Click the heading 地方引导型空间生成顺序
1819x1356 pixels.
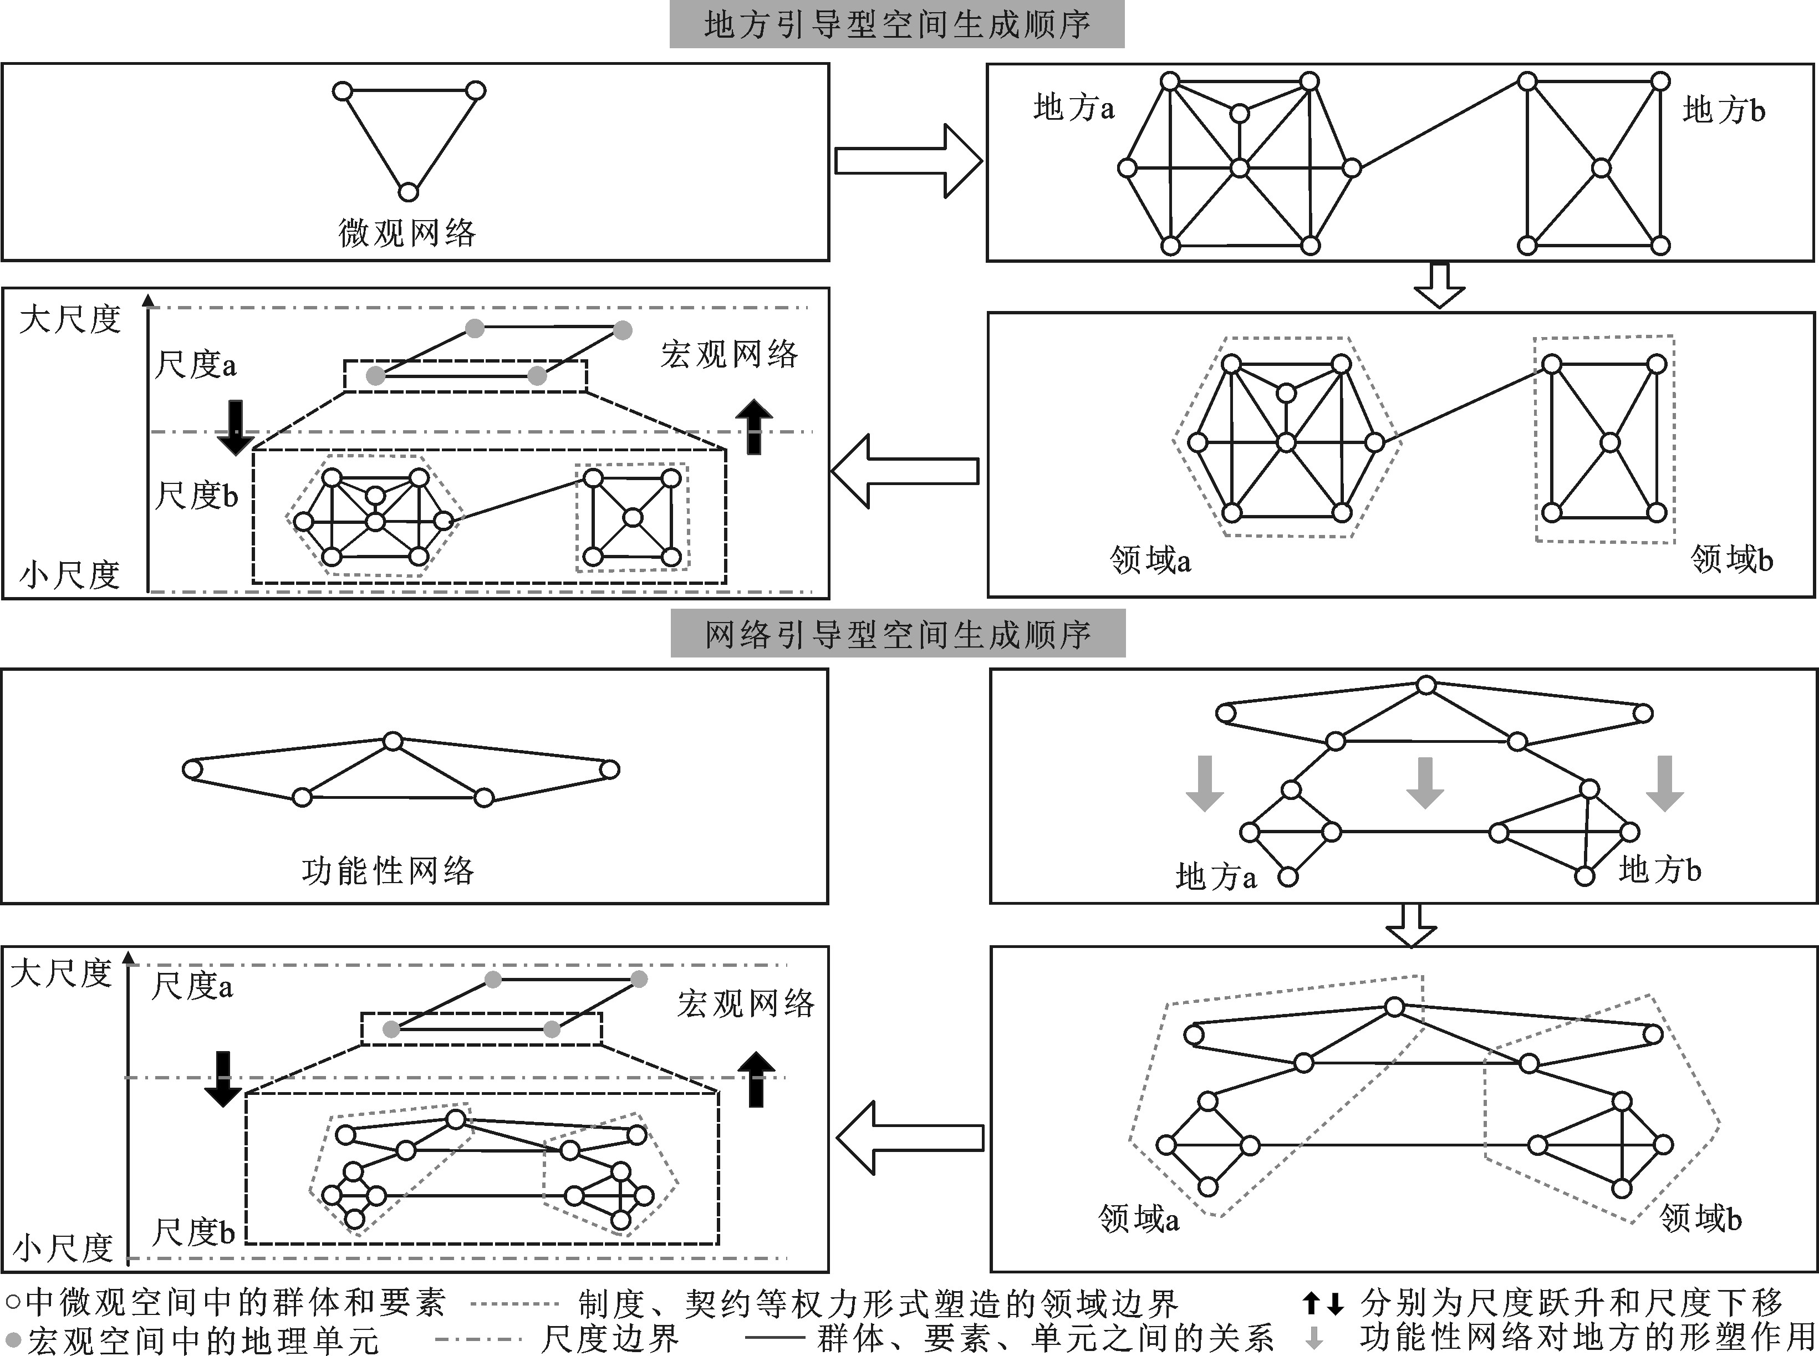(x=896, y=24)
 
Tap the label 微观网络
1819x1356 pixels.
(x=407, y=233)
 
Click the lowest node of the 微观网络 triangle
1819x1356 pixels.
(x=408, y=192)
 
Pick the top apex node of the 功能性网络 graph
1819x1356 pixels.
(x=393, y=741)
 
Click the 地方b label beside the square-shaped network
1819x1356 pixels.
(x=1723, y=110)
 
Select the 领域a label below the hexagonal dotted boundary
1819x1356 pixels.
(x=1149, y=560)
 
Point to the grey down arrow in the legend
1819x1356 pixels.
(x=1314, y=1338)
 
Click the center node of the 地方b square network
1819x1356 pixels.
(x=1601, y=169)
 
